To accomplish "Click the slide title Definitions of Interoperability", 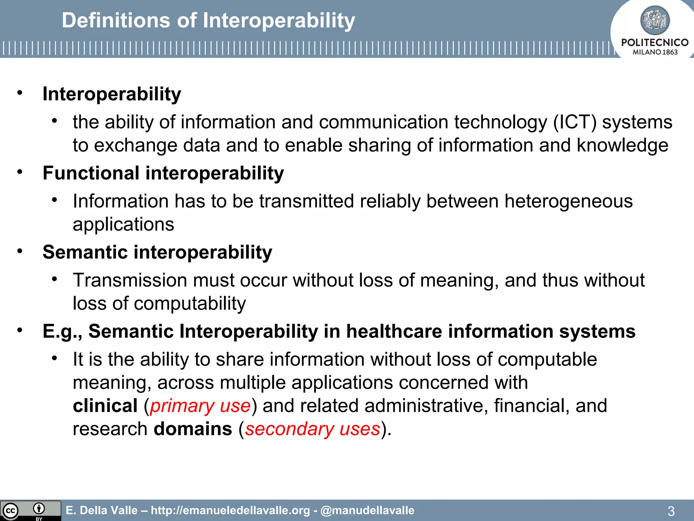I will pyautogui.click(x=208, y=20).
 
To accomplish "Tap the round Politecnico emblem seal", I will pyautogui.click(x=655, y=20).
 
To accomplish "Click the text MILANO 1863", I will pyautogui.click(x=655, y=52).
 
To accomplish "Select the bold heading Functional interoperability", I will pyautogui.click(x=163, y=173).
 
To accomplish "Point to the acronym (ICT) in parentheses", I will pyautogui.click(x=574, y=122).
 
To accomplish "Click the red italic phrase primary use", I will pyautogui.click(x=200, y=406).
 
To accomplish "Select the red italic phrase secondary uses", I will pyautogui.click(x=312, y=429).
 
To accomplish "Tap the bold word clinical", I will pyautogui.click(x=105, y=406).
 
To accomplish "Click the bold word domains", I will pyautogui.click(x=193, y=429).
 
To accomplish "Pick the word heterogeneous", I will pyautogui.click(x=568, y=201).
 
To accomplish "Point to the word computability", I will pyautogui.click(x=190, y=303).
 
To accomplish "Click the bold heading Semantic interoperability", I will pyautogui.click(x=157, y=252).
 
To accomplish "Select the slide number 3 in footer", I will pyautogui.click(x=671, y=511).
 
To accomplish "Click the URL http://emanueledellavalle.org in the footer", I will pyautogui.click(x=230, y=510).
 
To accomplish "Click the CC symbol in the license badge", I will pyautogui.click(x=10, y=511).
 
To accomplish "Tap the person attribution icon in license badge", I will pyautogui.click(x=39, y=508).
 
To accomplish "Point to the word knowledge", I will pyautogui.click(x=622, y=145).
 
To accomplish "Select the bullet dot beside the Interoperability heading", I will pyautogui.click(x=20, y=93).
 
